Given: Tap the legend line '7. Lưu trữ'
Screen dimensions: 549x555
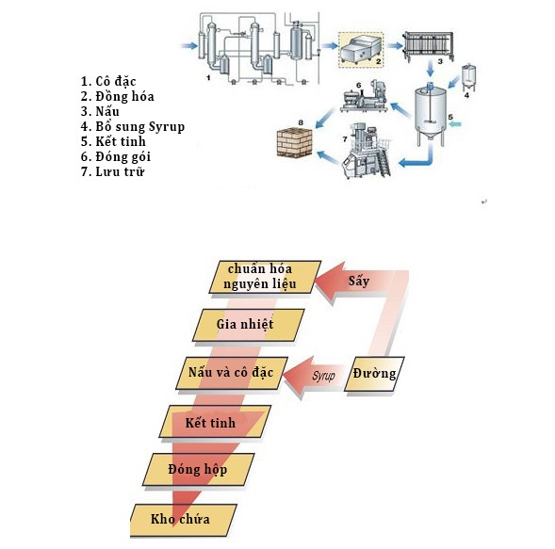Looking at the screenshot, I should pyautogui.click(x=118, y=171).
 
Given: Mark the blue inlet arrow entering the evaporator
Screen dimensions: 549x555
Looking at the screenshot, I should pyautogui.click(x=189, y=43).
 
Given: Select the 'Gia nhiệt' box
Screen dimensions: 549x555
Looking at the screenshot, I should pyautogui.click(x=243, y=325).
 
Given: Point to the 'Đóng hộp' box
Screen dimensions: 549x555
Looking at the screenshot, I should pyautogui.click(x=200, y=469).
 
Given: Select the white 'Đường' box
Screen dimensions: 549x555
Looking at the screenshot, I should pyautogui.click(x=376, y=374).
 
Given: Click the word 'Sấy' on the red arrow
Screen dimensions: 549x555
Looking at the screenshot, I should pyautogui.click(x=357, y=282).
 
